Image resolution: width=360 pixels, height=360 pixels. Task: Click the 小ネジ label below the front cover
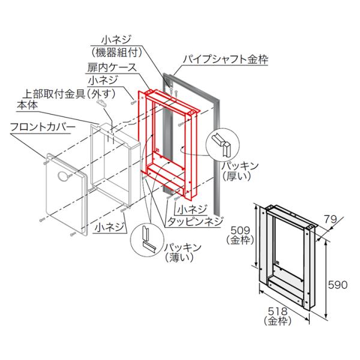tap(109, 226)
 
